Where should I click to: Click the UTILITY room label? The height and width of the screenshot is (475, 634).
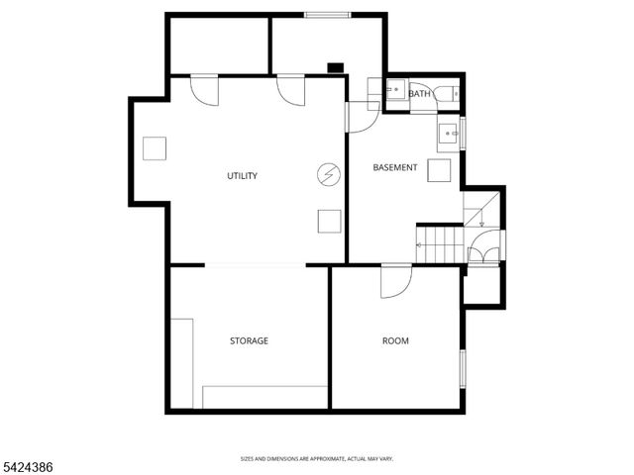242,176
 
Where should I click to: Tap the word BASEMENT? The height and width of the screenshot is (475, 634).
395,167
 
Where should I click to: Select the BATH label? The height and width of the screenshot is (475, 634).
420,94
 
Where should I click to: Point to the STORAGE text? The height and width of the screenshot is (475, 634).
249,340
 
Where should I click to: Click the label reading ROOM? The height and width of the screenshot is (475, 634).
395,340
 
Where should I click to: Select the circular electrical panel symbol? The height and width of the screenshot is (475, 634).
328,176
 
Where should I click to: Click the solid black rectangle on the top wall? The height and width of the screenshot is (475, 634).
336,68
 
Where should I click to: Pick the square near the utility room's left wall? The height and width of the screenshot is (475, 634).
155,148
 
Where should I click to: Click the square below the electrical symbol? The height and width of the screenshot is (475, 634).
329,222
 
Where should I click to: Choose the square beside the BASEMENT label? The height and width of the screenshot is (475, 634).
438,169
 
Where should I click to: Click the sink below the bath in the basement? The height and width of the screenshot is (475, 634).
450,132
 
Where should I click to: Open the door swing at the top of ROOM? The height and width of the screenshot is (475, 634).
395,280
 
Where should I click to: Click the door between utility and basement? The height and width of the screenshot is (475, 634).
359,116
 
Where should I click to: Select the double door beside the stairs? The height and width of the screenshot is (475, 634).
483,247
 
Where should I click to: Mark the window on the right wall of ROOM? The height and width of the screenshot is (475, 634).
462,366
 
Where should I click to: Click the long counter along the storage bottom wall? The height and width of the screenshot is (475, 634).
264,397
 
